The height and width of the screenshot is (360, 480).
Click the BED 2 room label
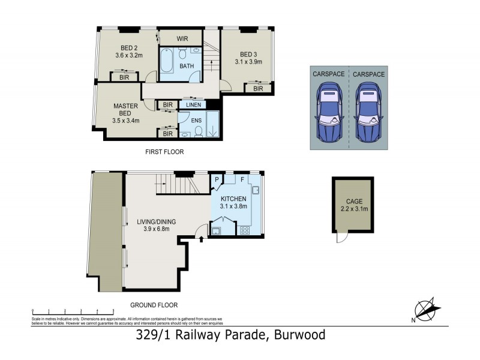(127, 47)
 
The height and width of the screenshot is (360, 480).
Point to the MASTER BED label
(125, 109)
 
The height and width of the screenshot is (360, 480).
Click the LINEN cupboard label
(192, 105)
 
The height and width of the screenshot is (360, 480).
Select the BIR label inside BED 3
(258, 89)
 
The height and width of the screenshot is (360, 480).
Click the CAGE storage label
(353, 202)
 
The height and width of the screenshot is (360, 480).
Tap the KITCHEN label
(233, 199)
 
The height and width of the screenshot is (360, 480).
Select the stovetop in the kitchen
(245, 230)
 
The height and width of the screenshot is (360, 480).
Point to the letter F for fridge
(242, 179)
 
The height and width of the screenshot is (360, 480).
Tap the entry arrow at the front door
(201, 239)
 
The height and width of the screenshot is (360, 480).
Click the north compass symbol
(427, 310)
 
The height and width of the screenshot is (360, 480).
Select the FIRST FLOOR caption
(164, 152)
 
